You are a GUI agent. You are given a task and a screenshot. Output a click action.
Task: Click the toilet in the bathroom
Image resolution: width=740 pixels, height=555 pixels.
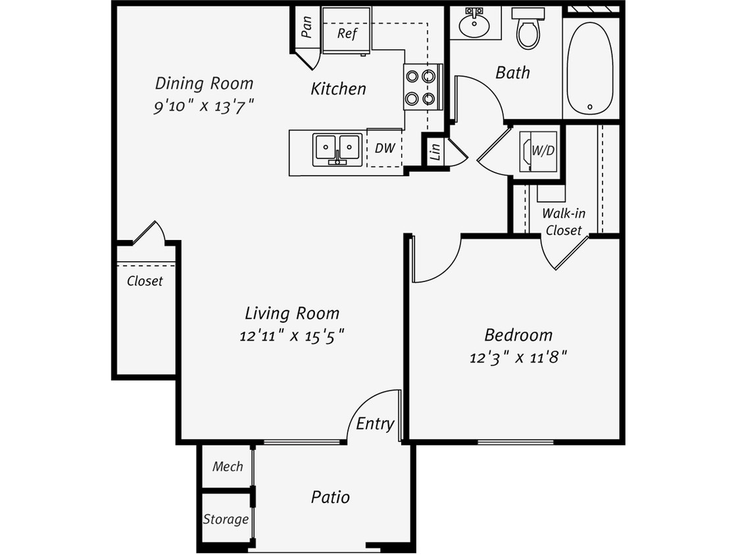pos(528,30)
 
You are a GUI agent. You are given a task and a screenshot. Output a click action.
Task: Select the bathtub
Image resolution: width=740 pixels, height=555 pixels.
pos(590,68)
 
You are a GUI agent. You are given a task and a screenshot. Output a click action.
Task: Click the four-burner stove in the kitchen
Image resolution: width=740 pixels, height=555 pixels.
pos(421,87)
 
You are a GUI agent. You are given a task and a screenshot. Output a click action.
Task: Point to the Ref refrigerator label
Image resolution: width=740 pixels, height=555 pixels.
pos(347,33)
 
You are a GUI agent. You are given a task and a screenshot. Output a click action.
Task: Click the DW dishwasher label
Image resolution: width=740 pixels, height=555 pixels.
pos(385,148)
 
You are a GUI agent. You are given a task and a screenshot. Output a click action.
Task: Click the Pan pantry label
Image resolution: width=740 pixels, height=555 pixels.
pos(307,27)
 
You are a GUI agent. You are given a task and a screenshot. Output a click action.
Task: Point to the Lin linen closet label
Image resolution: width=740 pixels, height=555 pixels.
pos(435,153)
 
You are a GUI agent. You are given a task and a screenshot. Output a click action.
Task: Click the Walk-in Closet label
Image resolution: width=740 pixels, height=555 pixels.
pos(564,222)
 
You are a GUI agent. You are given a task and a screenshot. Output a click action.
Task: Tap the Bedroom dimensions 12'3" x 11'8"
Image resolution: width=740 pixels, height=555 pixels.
pos(518,358)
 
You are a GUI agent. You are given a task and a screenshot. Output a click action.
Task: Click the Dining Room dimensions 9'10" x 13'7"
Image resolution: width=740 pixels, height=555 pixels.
pos(204,106)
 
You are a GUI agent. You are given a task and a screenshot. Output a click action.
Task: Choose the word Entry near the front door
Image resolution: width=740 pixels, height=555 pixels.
pos(375,424)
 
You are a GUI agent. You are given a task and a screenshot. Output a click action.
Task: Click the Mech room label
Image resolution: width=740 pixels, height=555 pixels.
pos(228,466)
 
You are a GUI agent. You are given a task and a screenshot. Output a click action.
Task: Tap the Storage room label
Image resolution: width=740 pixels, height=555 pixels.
pos(226,519)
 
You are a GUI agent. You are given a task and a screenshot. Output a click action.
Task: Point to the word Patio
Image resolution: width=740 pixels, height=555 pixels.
pos(330,496)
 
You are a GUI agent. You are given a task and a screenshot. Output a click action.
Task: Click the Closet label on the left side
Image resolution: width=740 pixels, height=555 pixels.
pos(145,281)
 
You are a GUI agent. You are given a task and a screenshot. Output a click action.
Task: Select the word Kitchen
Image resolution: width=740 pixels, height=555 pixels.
pos(338,89)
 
